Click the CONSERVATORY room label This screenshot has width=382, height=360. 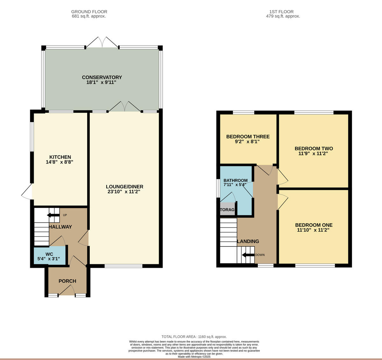pyautogui.click(x=102, y=77)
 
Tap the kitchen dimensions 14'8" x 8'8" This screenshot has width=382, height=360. pyautogui.click(x=60, y=162)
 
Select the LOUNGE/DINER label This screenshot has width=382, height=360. pyautogui.click(x=124, y=187)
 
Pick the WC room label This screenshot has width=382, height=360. pyautogui.click(x=49, y=254)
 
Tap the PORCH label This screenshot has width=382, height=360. pyautogui.click(x=67, y=281)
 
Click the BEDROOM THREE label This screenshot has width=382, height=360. pyautogui.click(x=248, y=136)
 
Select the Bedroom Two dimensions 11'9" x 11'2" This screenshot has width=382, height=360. pyautogui.click(x=314, y=154)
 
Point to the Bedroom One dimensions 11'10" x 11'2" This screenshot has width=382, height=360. pyautogui.click(x=313, y=230)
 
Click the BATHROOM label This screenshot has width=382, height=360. pyautogui.click(x=235, y=180)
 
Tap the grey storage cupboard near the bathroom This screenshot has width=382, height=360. pyautogui.click(x=227, y=210)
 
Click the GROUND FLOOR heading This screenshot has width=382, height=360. pyautogui.click(x=89, y=12)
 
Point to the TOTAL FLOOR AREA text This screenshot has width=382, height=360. pyautogui.click(x=194, y=337)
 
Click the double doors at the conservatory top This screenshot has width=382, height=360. pyautogui.click(x=102, y=42)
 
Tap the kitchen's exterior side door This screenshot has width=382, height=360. pyautogui.click(x=27, y=191)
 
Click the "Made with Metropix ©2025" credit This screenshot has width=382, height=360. pyautogui.click(x=194, y=357)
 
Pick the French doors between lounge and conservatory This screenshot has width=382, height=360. pyautogui.click(x=124, y=107)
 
